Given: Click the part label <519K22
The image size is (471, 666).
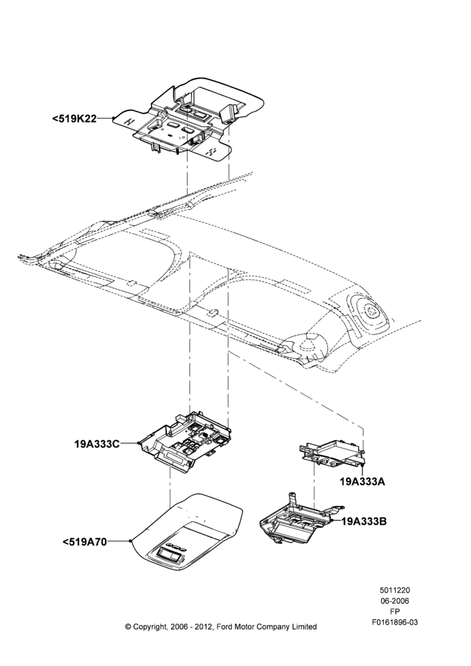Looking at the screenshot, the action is [x=75, y=119].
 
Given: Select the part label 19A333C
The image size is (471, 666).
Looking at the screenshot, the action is [x=96, y=444].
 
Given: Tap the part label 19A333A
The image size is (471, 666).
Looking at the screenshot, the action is [x=363, y=482].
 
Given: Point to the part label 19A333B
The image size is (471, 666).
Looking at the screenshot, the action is [x=364, y=521].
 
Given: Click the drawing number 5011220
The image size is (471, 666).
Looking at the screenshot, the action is [x=394, y=590].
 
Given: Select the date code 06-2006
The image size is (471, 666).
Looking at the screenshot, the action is [x=394, y=601].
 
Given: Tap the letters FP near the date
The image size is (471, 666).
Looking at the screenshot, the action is [x=394, y=611].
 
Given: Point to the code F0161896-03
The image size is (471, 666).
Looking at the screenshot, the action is [x=394, y=622].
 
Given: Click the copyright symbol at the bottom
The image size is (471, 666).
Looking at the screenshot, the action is [x=128, y=627].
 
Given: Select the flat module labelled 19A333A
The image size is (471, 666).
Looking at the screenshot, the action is [x=333, y=452].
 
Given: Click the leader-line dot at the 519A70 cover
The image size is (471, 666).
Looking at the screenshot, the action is [x=130, y=541].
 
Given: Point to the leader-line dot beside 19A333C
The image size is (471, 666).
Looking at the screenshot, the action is [x=139, y=443].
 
